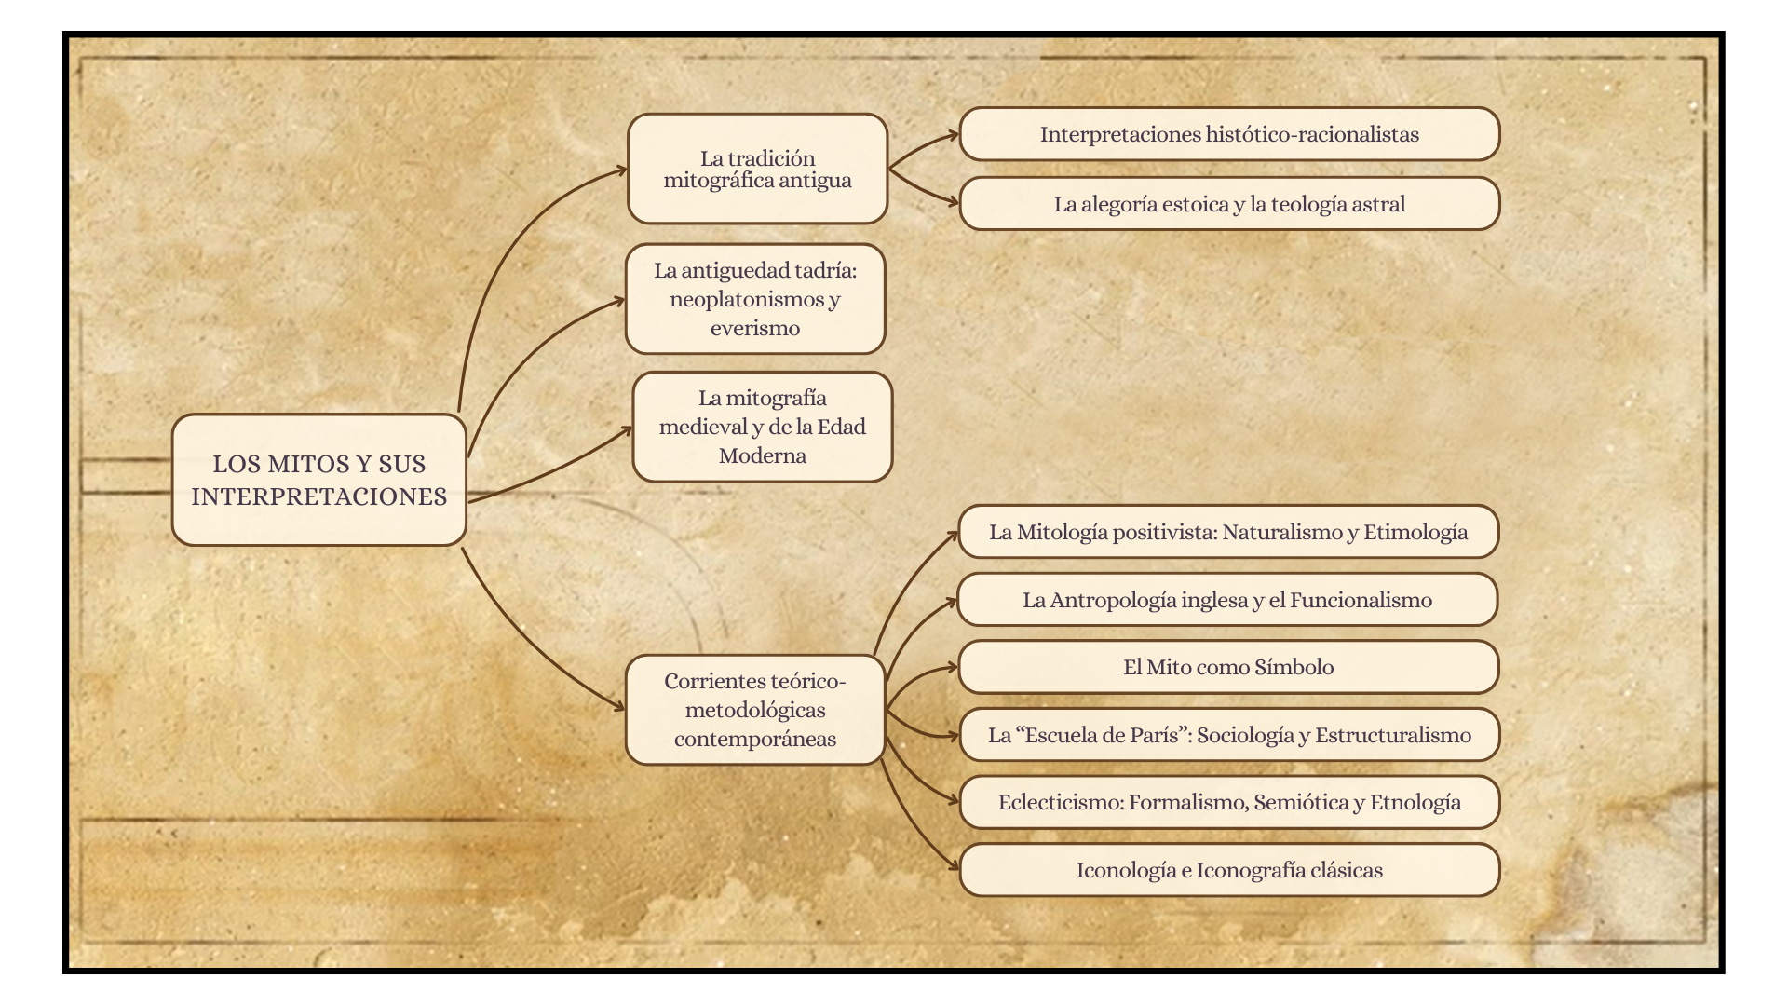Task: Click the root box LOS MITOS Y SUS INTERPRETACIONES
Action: [318, 480]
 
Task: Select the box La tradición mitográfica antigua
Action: [757, 169]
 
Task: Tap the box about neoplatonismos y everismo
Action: [754, 299]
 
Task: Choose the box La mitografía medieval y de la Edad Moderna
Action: [762, 427]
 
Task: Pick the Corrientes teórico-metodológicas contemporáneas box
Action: [754, 710]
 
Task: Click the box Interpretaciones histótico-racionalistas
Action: [1229, 134]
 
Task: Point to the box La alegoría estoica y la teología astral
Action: [1229, 204]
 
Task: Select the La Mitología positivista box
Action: [1227, 532]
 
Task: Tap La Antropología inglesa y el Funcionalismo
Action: [1227, 600]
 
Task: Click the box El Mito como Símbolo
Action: [1227, 667]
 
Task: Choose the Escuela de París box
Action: [1229, 735]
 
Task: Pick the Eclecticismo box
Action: [1229, 802]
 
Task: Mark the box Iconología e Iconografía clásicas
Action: [1229, 870]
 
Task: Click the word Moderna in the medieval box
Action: [762, 455]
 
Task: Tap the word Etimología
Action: [1415, 532]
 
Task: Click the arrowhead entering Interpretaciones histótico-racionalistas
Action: [953, 136]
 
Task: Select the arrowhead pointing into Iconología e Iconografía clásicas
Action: [954, 867]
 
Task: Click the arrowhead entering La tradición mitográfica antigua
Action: [621, 170]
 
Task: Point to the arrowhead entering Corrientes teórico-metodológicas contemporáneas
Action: [619, 707]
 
